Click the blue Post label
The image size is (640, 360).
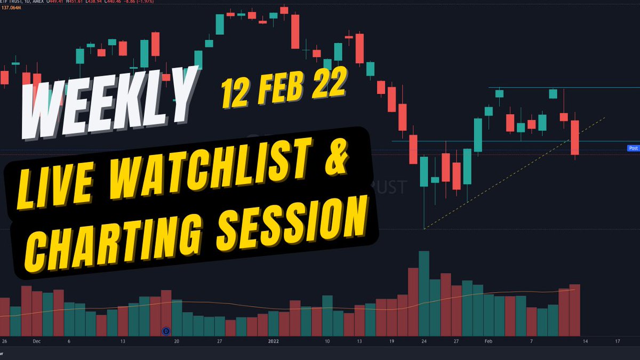[x=633, y=148]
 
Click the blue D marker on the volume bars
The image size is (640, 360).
[x=165, y=331]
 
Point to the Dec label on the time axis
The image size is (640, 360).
[x=37, y=340]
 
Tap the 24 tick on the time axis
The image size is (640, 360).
[x=423, y=340]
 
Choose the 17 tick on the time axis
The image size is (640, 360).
[x=617, y=340]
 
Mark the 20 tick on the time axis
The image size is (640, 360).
[x=177, y=340]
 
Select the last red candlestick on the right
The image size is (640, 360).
[x=574, y=138]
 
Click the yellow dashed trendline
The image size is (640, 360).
[x=512, y=174]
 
